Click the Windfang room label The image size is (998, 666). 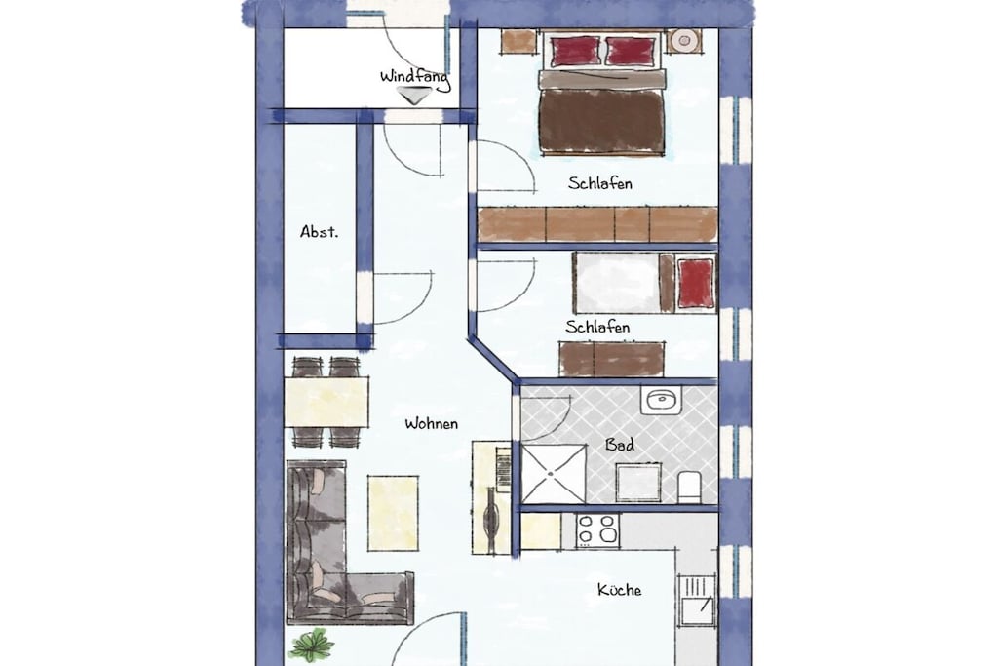click(x=415, y=78)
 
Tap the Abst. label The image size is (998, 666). click(x=319, y=232)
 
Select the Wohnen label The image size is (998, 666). click(x=431, y=423)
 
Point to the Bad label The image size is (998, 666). click(x=619, y=445)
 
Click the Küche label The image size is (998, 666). click(x=619, y=590)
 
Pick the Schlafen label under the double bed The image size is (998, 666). click(x=600, y=183)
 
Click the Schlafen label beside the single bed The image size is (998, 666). click(x=597, y=327)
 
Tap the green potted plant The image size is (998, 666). click(x=312, y=645)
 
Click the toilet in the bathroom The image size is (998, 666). click(x=689, y=486)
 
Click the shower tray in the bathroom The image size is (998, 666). click(x=554, y=474)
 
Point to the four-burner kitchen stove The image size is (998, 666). click(x=597, y=530)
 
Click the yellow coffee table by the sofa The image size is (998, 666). click(x=393, y=513)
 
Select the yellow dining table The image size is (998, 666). click(x=326, y=402)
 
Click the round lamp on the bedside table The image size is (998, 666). click(x=684, y=41)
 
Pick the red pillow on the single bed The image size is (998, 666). click(x=695, y=283)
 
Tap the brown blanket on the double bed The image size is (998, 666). click(x=601, y=121)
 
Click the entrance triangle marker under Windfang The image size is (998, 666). click(x=414, y=96)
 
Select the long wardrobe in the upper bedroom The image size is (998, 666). click(x=597, y=224)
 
